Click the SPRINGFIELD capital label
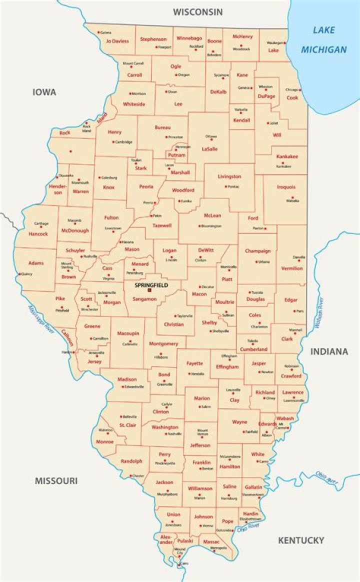click(151, 285)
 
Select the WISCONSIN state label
click(197, 12)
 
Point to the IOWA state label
click(44, 92)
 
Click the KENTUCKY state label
click(301, 540)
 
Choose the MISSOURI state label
click(56, 481)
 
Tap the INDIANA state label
click(329, 351)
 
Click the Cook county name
click(292, 98)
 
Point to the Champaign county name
click(257, 251)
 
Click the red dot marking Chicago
click(300, 90)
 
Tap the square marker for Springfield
click(149, 290)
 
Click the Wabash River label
click(318, 312)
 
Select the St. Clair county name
click(128, 425)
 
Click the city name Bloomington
click(211, 226)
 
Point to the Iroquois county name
click(287, 187)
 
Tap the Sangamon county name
click(144, 298)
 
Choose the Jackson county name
click(164, 482)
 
